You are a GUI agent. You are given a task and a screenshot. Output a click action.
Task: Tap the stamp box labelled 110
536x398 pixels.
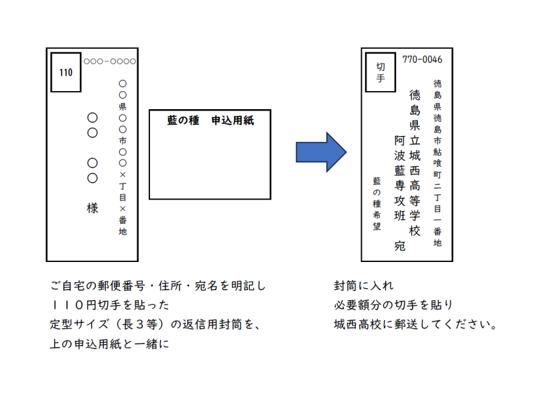tap(66, 72)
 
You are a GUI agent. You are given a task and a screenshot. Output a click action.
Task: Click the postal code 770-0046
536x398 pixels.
tap(422, 60)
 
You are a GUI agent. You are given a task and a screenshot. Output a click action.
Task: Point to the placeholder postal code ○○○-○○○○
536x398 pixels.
tap(110, 61)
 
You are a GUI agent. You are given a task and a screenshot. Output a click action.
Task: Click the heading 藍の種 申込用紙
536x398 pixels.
tap(210, 121)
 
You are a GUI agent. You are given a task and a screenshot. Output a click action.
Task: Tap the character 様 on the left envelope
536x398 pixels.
tap(92, 208)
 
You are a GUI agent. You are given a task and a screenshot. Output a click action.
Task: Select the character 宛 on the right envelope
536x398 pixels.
tap(400, 245)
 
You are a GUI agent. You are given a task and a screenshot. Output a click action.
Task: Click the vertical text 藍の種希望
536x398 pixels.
tap(377, 204)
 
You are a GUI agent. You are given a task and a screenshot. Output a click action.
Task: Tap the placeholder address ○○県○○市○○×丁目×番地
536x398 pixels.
tap(123, 158)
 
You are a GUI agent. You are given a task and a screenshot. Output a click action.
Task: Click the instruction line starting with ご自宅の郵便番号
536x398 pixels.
tap(158, 286)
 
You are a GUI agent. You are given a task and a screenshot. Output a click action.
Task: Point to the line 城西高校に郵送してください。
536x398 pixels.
tap(415, 325)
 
